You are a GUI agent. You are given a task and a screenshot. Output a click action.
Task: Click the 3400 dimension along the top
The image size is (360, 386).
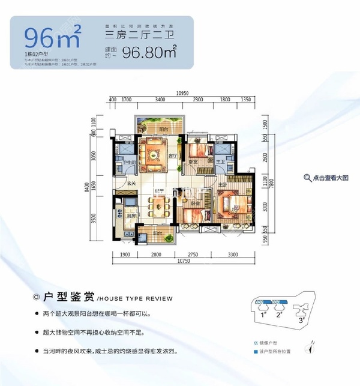[x=160, y=100]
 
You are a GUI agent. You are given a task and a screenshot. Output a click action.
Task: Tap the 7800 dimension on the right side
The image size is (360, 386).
[x=271, y=182]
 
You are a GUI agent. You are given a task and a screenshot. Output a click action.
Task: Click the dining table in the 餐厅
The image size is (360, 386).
[x=159, y=208]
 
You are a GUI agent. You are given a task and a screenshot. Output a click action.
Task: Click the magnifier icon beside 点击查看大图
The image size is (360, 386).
[x=307, y=178]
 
